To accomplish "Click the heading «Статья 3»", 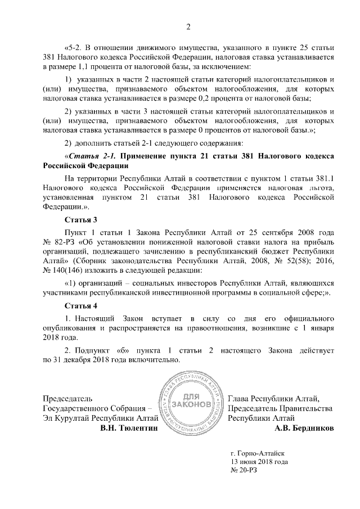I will click(81, 220).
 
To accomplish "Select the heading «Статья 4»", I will click(81, 306).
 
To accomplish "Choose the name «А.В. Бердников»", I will click(303, 429).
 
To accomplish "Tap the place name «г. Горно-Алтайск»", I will click(258, 452).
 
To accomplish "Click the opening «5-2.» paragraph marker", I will click(76, 47).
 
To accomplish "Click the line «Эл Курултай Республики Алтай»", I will click(89, 418).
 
